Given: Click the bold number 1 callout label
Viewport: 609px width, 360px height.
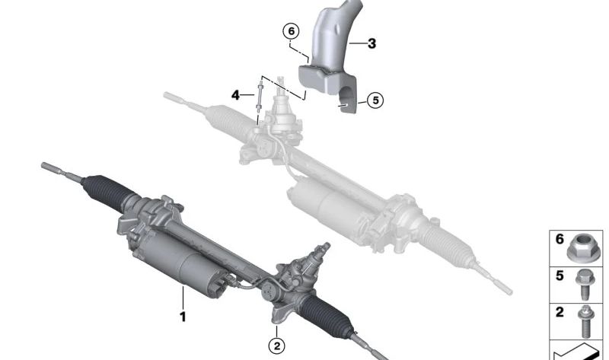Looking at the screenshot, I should coord(182,314).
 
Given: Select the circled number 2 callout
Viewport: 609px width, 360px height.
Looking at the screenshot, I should coord(277,346).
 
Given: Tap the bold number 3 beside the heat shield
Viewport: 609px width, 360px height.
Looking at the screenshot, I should coord(371,44).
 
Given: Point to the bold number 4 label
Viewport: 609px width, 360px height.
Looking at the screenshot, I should coord(236,95).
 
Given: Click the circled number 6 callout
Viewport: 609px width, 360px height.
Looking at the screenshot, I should coord(289,32).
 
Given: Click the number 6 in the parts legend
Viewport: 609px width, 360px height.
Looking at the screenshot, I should coord(560,239).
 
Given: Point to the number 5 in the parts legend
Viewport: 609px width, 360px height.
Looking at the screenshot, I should coord(560,275).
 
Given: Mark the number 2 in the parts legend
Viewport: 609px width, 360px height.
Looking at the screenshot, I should coord(560,311).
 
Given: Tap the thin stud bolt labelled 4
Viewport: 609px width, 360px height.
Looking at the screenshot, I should coord(260,103).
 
